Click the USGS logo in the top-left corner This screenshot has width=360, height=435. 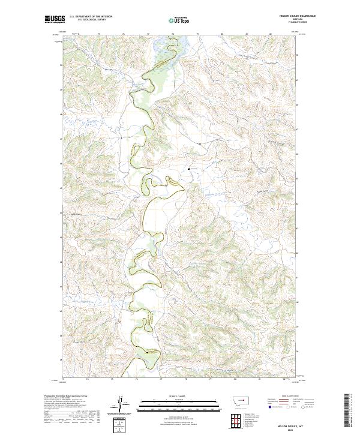coord(55,20)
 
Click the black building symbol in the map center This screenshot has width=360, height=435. coord(190,169)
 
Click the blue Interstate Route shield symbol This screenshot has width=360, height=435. coord(268,406)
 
